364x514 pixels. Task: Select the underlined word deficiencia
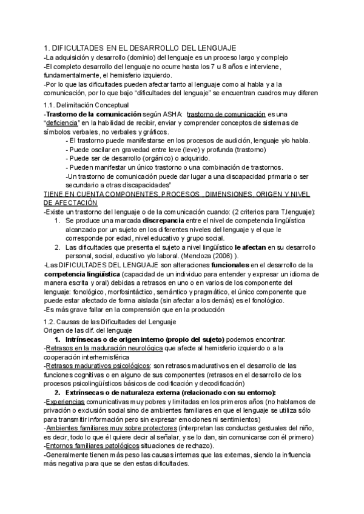(64, 123)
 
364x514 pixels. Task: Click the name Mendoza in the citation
(217, 255)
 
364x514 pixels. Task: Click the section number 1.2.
(50, 321)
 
